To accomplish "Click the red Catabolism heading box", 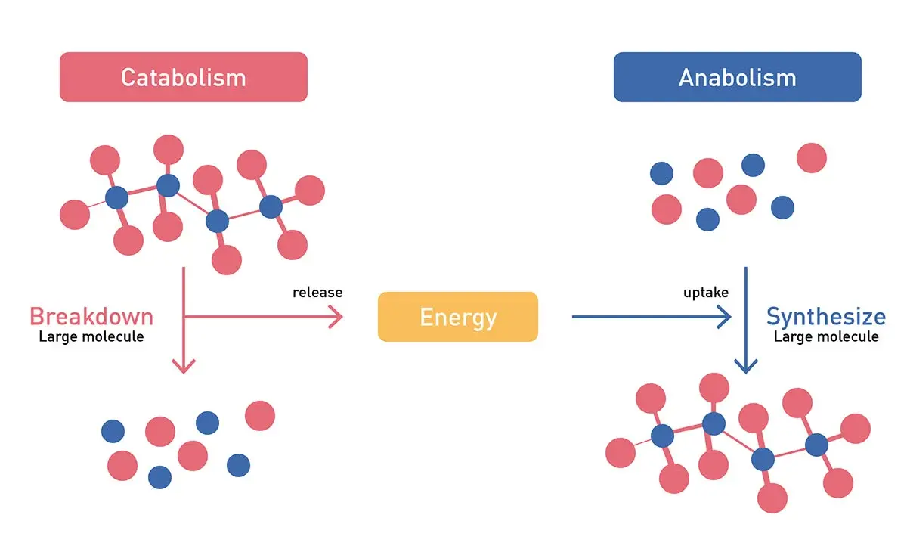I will tap(184, 77).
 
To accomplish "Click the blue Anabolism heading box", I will tap(737, 77).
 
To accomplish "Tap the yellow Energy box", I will tap(458, 317).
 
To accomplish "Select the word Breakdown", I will tap(91, 316).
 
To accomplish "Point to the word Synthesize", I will tap(826, 316).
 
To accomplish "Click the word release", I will tap(317, 293).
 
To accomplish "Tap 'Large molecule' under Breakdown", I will tap(91, 336).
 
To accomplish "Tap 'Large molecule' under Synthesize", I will tap(826, 336).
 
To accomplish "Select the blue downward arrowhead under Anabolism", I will tap(746, 367).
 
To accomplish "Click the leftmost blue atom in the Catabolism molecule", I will tap(116, 198).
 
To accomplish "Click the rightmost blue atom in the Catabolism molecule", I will tap(271, 206).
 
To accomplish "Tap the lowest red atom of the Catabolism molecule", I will tap(227, 260).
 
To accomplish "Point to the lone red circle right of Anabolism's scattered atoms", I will tap(812, 158).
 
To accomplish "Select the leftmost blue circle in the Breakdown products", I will tap(113, 431).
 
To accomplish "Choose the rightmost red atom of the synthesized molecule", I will tap(856, 429).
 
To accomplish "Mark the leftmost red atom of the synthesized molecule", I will tap(621, 453).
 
